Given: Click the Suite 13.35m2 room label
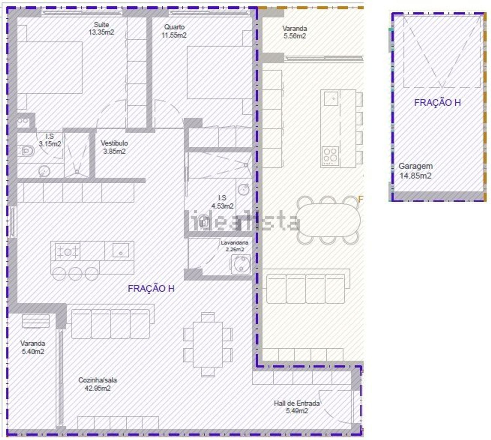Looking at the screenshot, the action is pyautogui.click(x=101, y=28).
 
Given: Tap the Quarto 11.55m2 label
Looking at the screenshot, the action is pyautogui.click(x=174, y=31).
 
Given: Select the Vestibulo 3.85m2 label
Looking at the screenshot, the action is pyautogui.click(x=114, y=147).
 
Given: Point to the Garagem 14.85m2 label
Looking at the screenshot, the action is pyautogui.click(x=415, y=171).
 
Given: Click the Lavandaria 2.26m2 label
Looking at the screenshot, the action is pyautogui.click(x=234, y=246).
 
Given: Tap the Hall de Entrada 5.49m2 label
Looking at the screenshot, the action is pyautogui.click(x=297, y=407).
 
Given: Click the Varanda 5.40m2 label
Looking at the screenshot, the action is pyautogui.click(x=33, y=347).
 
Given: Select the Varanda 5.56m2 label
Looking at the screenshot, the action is pyautogui.click(x=295, y=32).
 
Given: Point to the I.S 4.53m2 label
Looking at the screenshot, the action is pyautogui.click(x=222, y=202).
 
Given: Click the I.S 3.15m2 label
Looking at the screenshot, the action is pyautogui.click(x=50, y=140).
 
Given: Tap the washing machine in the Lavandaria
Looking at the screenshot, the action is pyautogui.click(x=241, y=264).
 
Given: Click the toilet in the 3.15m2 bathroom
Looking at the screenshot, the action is pyautogui.click(x=26, y=151).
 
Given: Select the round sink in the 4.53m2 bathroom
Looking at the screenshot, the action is pyautogui.click(x=244, y=189).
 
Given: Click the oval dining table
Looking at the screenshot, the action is pyautogui.click(x=328, y=220).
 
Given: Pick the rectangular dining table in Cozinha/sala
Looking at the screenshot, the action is pyautogui.click(x=208, y=344).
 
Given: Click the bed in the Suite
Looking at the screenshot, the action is pyautogui.click(x=50, y=68).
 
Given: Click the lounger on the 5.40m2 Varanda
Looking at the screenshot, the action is pyautogui.click(x=36, y=321).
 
